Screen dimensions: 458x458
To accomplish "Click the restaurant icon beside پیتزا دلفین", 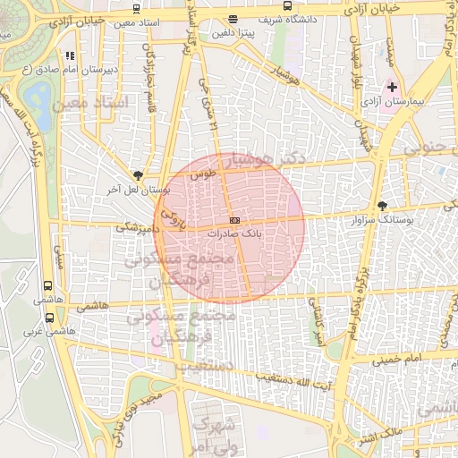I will pos(233,19).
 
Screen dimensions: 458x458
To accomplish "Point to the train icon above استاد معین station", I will pos(135,8).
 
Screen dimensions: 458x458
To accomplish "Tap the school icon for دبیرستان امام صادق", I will pos(69,56).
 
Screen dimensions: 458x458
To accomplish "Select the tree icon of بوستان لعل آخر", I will pos(137,176).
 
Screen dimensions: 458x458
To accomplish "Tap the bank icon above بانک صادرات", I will pos(234,220).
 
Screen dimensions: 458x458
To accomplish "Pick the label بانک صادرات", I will pos(233,233).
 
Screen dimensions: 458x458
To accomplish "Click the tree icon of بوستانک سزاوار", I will pos(383,206).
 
